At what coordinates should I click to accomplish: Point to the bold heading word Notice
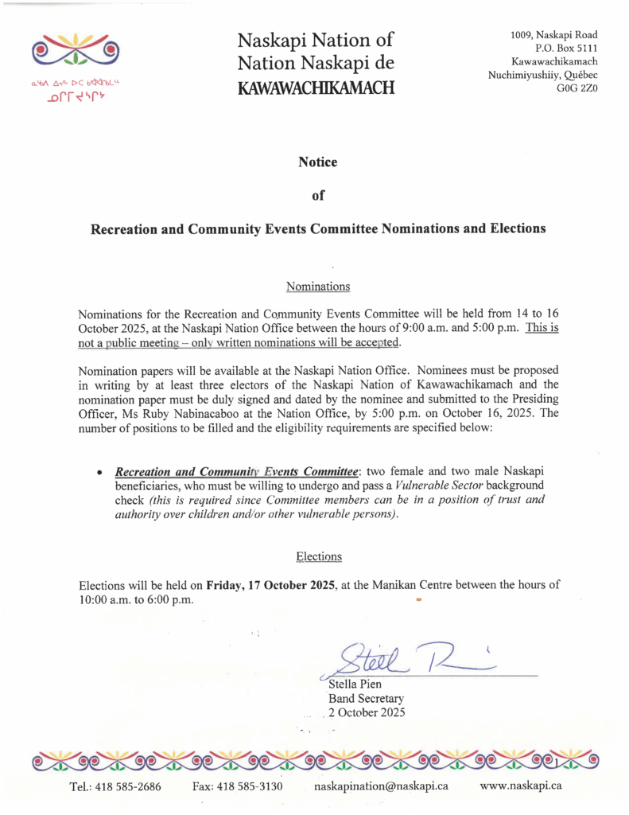[317, 162]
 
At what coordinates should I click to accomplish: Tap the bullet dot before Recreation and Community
[99, 474]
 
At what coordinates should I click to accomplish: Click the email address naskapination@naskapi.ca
[381, 786]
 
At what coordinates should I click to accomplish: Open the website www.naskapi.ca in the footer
[522, 786]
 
